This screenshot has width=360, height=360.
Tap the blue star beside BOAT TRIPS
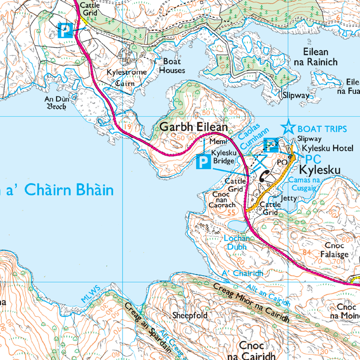coord(288,128)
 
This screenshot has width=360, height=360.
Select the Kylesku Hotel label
coord(328,148)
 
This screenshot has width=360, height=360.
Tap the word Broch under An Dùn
coord(56,107)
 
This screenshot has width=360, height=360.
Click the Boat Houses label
coord(171,66)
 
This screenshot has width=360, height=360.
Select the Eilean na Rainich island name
coord(315,57)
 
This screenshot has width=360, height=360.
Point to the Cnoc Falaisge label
coord(333,250)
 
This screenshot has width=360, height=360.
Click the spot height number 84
coord(307,252)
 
